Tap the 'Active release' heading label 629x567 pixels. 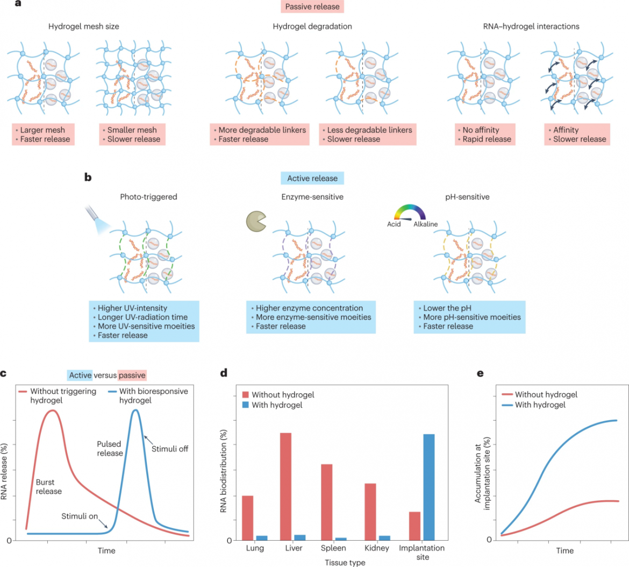[x=312, y=179]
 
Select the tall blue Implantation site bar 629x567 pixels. [x=428, y=486]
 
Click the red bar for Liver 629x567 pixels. [x=285, y=486]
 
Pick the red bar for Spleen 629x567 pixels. [x=326, y=501]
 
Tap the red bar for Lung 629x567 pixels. [x=247, y=517]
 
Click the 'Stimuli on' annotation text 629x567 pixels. [x=80, y=516]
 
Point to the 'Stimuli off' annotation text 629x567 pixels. [x=170, y=449]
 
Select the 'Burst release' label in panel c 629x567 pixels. [x=49, y=487]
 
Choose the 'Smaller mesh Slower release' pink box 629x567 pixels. [x=132, y=134]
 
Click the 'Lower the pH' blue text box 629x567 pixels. [x=469, y=317]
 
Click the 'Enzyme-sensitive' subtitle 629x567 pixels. [x=312, y=197]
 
